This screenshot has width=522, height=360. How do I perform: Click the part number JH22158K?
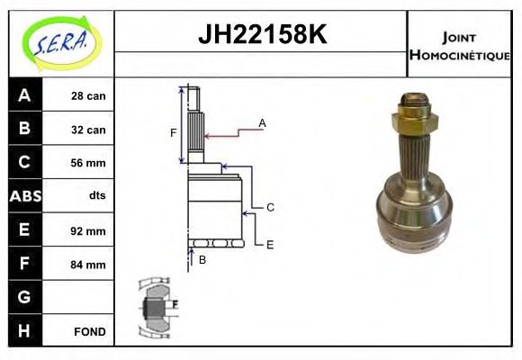[261, 35]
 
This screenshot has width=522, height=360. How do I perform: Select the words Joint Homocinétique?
[459, 45]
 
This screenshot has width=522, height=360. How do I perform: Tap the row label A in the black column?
[24, 95]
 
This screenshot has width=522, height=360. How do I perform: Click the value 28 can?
[88, 95]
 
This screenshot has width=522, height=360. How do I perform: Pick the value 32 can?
[88, 130]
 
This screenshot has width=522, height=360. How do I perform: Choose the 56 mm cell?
[88, 163]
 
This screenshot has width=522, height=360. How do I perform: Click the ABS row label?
[24, 196]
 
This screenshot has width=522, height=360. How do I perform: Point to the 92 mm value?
[88, 230]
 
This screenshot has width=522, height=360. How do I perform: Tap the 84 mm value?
[88, 265]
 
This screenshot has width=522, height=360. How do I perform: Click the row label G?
[24, 297]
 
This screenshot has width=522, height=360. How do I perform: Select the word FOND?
[90, 331]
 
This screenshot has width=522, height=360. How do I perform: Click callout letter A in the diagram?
[262, 122]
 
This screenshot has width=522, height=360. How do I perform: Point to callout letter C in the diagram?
[270, 207]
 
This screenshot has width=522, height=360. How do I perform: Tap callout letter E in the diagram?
[269, 243]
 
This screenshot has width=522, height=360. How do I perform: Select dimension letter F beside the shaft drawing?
[174, 133]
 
